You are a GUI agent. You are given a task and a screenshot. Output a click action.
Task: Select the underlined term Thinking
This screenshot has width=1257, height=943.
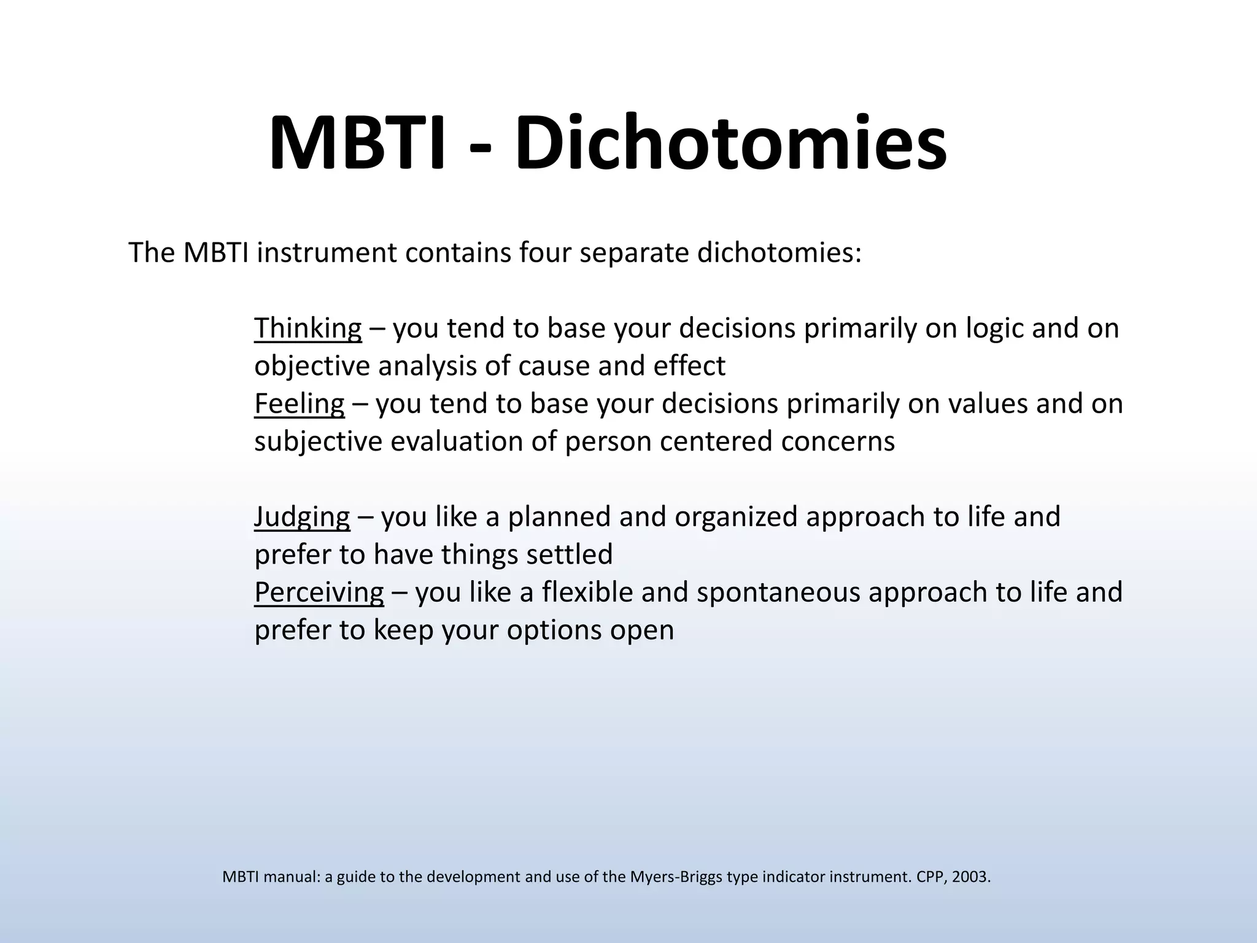[x=307, y=328]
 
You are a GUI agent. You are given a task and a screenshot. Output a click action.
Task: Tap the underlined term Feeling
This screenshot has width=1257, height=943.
[x=299, y=404]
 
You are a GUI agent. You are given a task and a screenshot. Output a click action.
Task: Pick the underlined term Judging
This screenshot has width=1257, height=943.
[x=302, y=517]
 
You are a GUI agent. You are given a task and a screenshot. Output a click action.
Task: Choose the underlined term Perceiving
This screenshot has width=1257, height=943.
[x=319, y=592]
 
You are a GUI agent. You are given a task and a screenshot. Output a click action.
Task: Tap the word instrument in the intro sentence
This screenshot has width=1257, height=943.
[x=327, y=253]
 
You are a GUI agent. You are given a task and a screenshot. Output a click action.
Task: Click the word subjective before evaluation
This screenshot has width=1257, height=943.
[x=318, y=442]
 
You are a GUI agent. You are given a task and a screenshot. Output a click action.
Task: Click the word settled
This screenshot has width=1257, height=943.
[x=569, y=554]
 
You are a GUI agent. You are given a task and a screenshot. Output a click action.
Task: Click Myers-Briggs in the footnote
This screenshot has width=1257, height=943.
[x=676, y=877]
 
